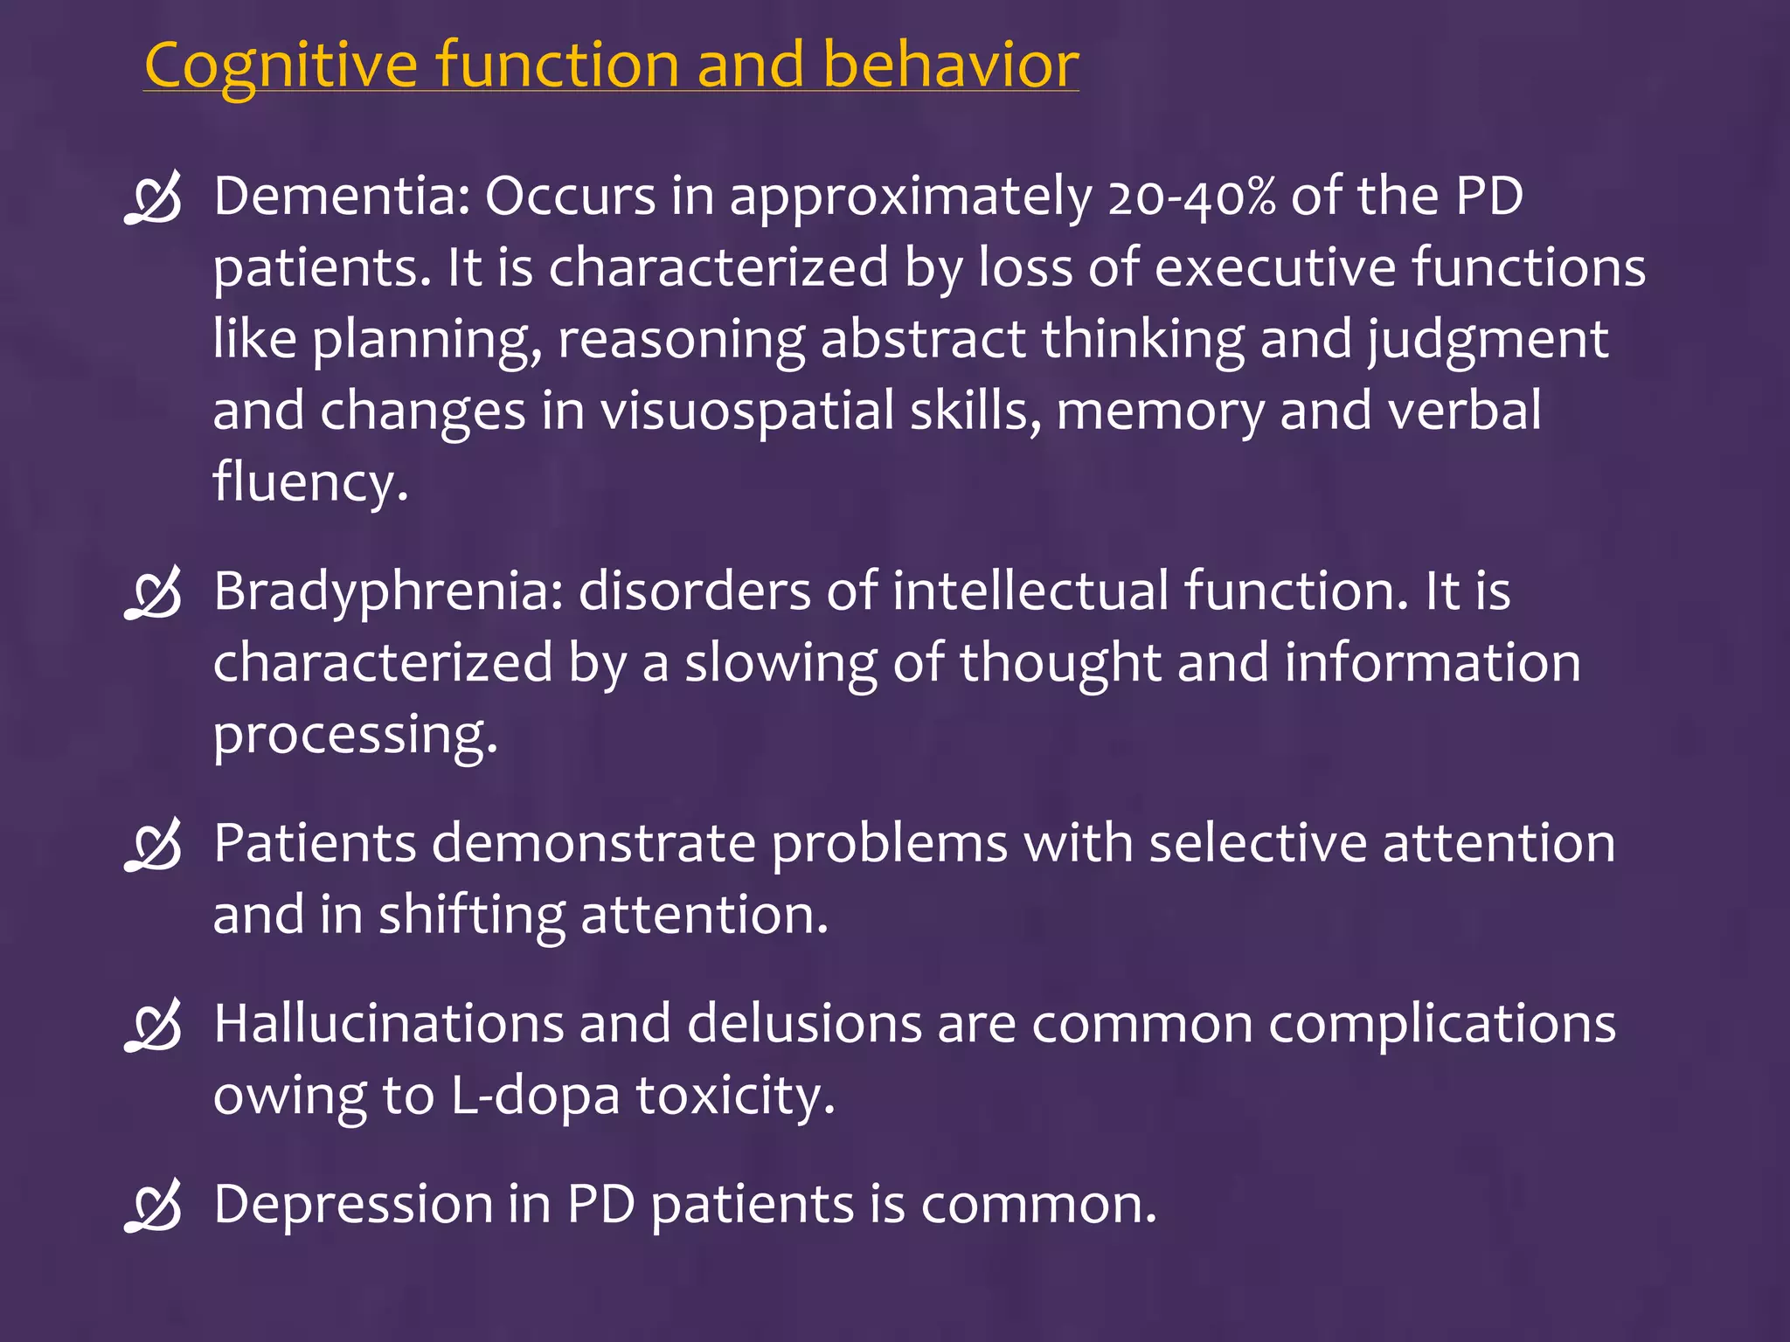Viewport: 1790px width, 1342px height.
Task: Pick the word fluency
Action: click(310, 482)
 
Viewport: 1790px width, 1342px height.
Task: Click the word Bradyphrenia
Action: click(388, 592)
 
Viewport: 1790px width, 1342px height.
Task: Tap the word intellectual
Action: click(1030, 591)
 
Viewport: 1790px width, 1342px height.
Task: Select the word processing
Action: click(355, 736)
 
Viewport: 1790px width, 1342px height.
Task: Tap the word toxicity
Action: click(734, 1096)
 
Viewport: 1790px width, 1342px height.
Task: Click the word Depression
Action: click(353, 1205)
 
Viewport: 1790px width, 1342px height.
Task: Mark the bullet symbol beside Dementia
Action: click(154, 198)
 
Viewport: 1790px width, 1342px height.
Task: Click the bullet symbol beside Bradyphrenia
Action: click(154, 593)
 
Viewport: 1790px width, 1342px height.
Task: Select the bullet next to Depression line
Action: click(154, 1206)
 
